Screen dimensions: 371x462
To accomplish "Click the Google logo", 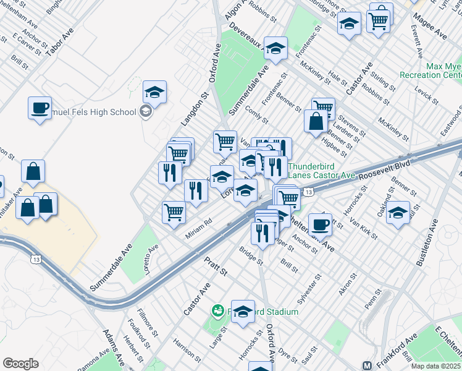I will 21,364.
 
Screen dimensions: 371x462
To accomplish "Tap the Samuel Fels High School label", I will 93,112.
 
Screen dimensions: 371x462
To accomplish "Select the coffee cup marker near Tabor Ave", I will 40,108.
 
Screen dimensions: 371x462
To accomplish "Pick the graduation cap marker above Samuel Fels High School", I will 154,93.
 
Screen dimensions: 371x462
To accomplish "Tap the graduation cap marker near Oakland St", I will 398,213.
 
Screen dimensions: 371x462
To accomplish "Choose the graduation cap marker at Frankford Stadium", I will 243,312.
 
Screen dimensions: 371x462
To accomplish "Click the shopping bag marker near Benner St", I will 316,121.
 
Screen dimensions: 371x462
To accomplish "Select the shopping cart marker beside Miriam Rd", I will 174,212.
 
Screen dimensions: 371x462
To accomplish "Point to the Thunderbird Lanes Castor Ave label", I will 321,171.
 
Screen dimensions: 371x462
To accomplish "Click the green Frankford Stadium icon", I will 217,310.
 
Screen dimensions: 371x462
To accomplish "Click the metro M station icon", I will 367,365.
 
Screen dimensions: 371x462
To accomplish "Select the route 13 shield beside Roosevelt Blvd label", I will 308,193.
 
